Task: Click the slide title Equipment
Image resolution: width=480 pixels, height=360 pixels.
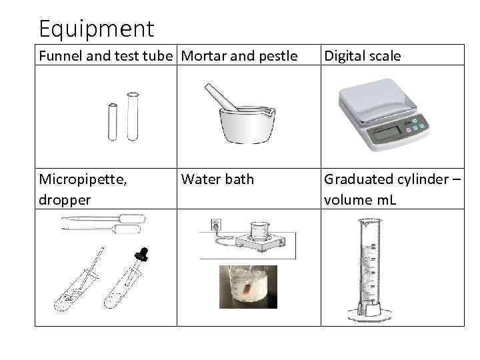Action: point(96,28)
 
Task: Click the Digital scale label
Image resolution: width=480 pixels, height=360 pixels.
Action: point(362,56)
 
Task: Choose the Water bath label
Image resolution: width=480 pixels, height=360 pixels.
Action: point(217,179)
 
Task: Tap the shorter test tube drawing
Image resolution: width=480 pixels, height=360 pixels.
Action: point(112,121)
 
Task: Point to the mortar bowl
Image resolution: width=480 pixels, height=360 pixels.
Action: point(247,125)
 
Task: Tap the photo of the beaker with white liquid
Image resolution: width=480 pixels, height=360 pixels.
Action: point(248,287)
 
